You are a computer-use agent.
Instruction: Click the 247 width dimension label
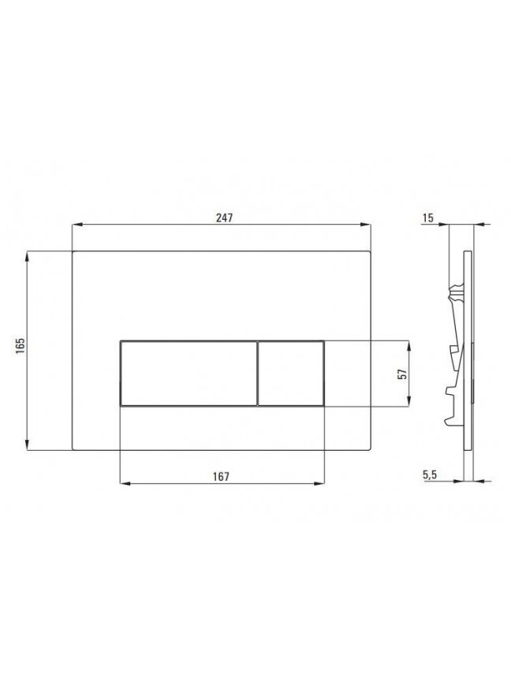click(225, 218)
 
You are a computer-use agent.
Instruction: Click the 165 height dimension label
click(21, 346)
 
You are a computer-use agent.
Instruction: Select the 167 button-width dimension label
click(221, 476)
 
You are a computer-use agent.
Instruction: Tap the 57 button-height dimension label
click(403, 374)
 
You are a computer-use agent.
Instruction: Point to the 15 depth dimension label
click(428, 218)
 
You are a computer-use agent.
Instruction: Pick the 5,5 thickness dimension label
click(429, 475)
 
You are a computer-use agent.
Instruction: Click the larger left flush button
click(188, 374)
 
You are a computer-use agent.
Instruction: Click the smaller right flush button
click(291, 374)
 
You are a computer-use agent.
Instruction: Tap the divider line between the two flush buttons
click(258, 374)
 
